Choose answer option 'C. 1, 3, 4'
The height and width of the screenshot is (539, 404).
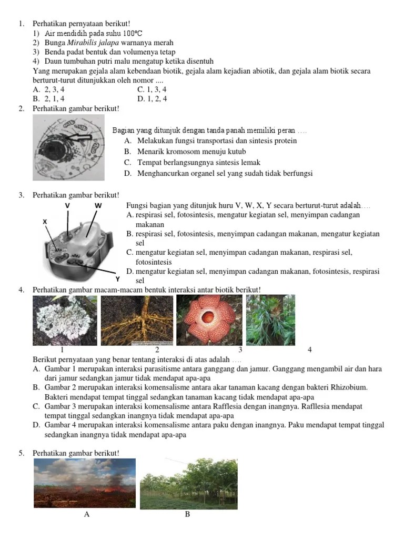click(151, 89)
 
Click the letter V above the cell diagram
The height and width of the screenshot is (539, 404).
click(67, 205)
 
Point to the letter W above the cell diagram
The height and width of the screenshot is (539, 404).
click(98, 205)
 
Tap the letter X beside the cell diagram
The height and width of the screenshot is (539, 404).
click(45, 222)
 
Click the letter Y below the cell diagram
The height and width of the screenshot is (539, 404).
click(117, 278)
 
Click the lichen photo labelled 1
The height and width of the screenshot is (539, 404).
click(65, 320)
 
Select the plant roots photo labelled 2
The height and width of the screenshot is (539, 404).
click(137, 320)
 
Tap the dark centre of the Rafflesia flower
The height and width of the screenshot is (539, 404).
click(209, 318)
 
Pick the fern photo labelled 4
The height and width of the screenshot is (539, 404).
click(270, 320)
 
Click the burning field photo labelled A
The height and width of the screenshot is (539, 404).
click(85, 484)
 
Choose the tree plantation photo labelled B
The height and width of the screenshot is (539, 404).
click(188, 484)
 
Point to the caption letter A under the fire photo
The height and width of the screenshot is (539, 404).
click(87, 515)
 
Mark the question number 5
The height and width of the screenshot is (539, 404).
click(21, 453)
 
